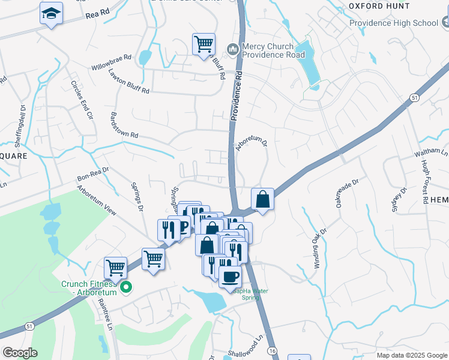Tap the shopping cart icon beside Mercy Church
(x=203, y=44)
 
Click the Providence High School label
(x=394, y=23)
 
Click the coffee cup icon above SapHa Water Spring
(x=229, y=277)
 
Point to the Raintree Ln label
(x=103, y=315)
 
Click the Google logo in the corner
(x=20, y=352)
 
